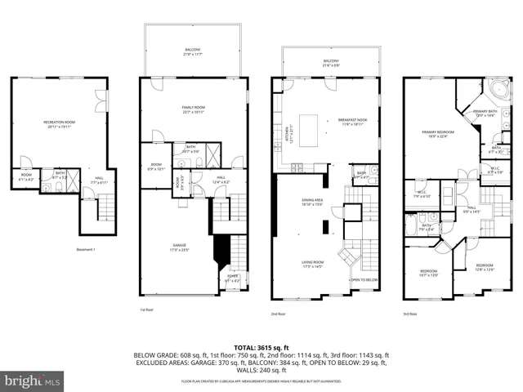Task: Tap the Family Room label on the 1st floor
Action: (x=193, y=109)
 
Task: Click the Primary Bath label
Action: (x=485, y=113)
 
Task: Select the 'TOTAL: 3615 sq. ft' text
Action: (x=261, y=347)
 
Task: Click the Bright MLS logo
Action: (x=33, y=381)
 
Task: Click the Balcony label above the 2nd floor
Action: (x=330, y=62)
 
